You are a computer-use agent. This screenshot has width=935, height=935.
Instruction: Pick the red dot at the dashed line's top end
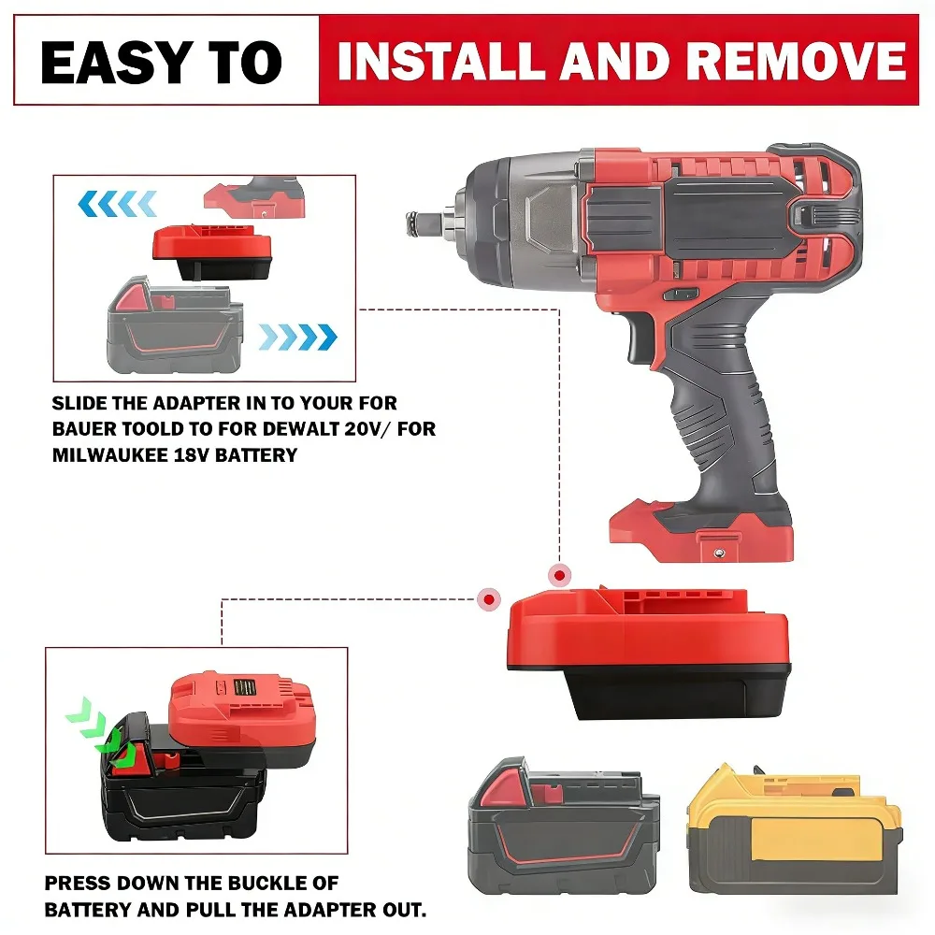coord(559,576)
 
